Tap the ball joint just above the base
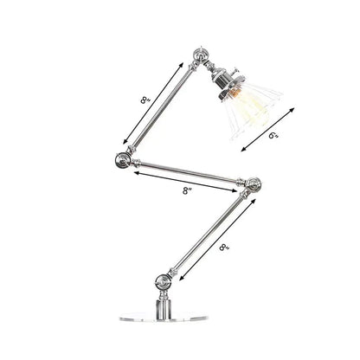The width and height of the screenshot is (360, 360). (x=162, y=280)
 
